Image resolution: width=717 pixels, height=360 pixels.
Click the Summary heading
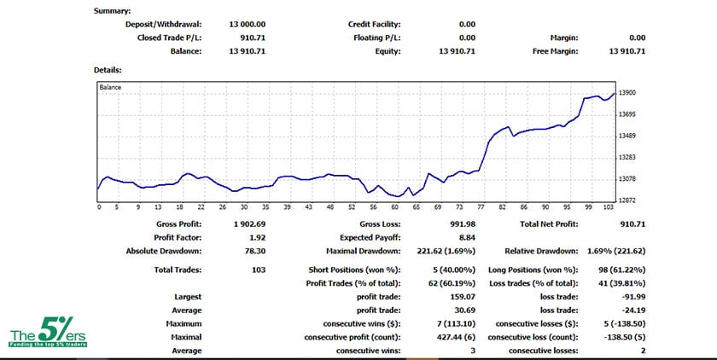(x=112, y=11)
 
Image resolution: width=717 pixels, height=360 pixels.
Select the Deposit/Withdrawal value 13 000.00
(x=248, y=25)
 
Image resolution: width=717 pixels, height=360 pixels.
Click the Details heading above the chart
(x=108, y=69)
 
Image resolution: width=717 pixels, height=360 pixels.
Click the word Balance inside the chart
(x=110, y=87)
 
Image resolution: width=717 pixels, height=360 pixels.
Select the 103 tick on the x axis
(x=608, y=207)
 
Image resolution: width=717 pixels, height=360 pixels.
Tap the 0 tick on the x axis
(x=99, y=207)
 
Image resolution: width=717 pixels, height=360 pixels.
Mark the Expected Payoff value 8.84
(x=466, y=237)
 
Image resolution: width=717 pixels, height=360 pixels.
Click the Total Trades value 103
(x=259, y=269)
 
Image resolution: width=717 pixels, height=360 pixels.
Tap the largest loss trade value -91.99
(x=632, y=298)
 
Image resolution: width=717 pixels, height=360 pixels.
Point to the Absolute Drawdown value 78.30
(x=255, y=251)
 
